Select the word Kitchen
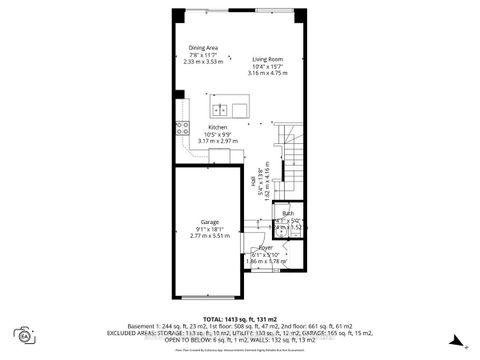pyautogui.click(x=217, y=128)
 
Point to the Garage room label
pyautogui.click(x=210, y=221)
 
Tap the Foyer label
pyautogui.click(x=266, y=247)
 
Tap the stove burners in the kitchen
pyautogui.click(x=182, y=127)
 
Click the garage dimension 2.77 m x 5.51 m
pyautogui.click(x=210, y=235)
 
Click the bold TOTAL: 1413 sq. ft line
pyautogui.click(x=240, y=319)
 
